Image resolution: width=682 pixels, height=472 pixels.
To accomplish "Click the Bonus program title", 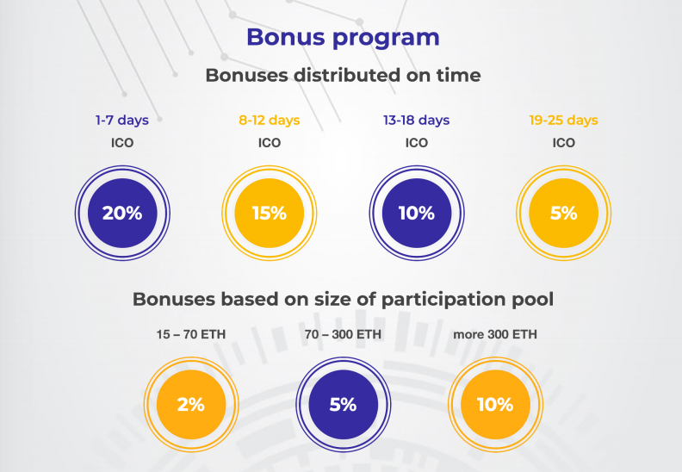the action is [343, 38].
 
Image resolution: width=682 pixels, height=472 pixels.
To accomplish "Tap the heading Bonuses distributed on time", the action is [343, 75].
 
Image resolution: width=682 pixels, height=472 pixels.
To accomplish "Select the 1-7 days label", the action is [122, 121].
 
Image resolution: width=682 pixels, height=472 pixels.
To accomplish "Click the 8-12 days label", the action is [270, 121].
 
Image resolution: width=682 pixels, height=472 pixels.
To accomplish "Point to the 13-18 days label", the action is [416, 121].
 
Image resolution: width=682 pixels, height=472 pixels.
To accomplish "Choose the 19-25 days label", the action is [564, 121].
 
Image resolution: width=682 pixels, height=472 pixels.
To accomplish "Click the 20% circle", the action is [122, 213].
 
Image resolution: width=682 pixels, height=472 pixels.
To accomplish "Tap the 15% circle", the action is [270, 213].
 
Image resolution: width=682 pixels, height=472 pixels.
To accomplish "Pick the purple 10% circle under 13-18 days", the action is [417, 213].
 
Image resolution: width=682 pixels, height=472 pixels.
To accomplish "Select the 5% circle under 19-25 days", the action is [564, 213].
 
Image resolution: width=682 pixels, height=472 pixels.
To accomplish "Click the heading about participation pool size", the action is [343, 299].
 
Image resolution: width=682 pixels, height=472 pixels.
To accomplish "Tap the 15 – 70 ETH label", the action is [191, 334].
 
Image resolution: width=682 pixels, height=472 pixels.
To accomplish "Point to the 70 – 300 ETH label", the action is [343, 334].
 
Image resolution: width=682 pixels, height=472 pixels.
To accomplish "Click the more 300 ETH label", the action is [495, 334].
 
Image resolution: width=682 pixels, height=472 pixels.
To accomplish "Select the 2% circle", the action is [191, 405].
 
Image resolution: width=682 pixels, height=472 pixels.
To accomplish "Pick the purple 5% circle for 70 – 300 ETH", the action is [344, 405].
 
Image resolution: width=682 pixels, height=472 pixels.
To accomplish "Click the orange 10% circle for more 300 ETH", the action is [495, 405].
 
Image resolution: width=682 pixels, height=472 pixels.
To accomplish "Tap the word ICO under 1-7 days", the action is [122, 143].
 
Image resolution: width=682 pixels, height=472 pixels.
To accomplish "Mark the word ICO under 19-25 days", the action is [564, 143].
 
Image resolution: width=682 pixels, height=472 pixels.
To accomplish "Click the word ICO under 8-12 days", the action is [270, 143].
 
